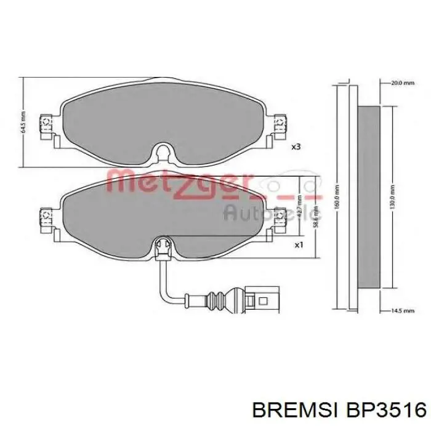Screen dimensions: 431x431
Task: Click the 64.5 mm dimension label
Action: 23,121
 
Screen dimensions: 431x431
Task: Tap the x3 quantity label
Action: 296,147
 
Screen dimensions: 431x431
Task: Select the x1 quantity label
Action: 299,244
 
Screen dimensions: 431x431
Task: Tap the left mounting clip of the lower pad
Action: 45,217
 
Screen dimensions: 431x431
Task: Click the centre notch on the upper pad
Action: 162,152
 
